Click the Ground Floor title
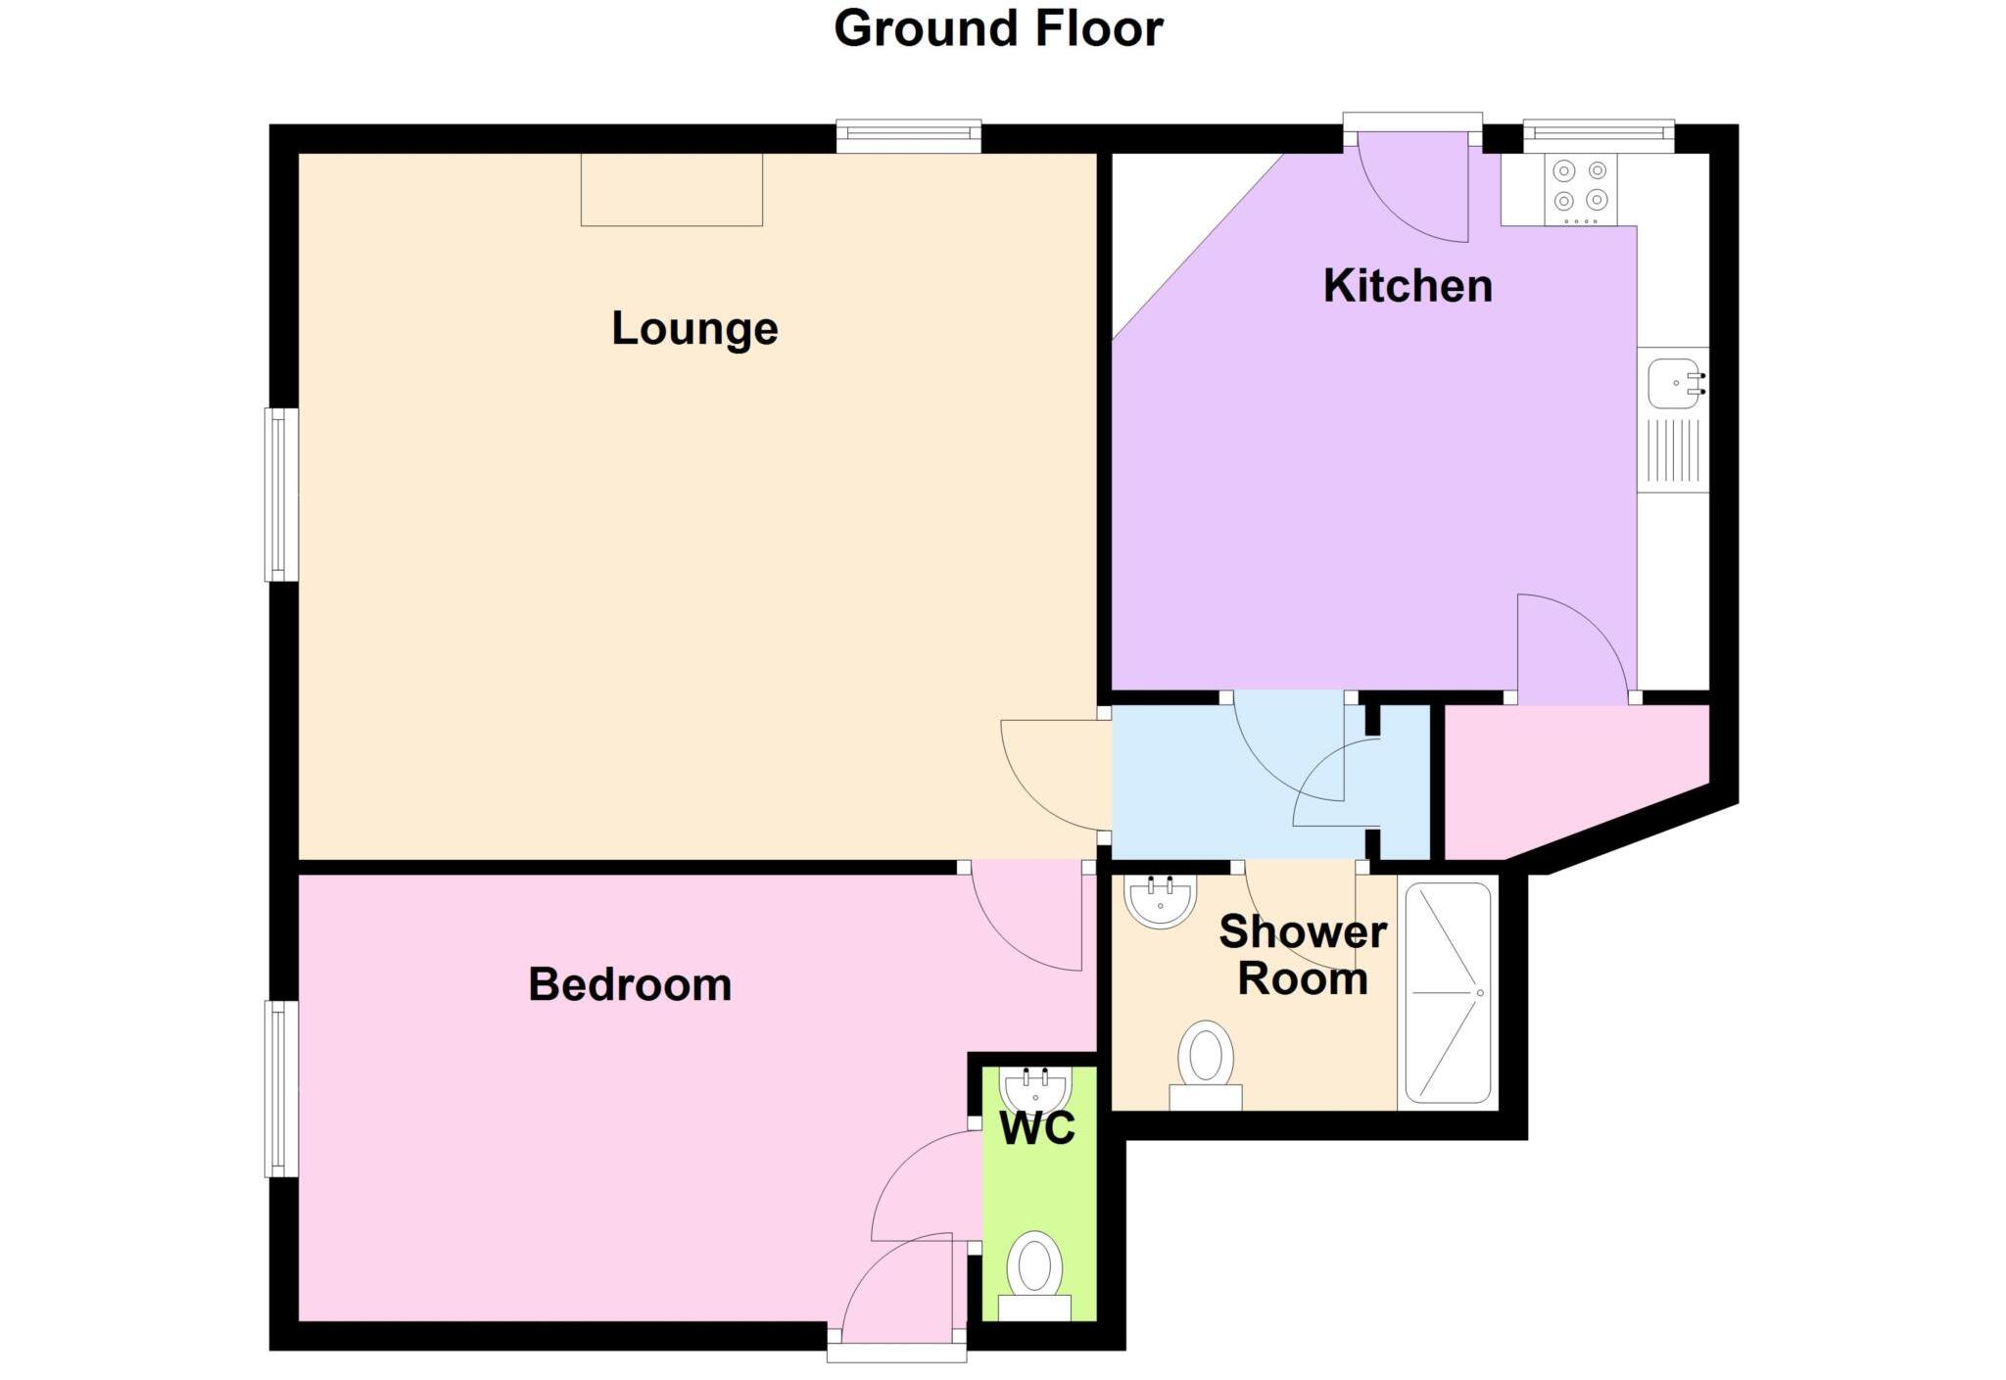pyautogui.click(x=997, y=28)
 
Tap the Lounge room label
pyautogui.click(x=694, y=328)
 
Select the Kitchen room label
pyautogui.click(x=1408, y=286)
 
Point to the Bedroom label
pyautogui.click(x=630, y=984)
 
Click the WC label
pyautogui.click(x=1037, y=1128)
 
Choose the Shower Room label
pyautogui.click(x=1303, y=955)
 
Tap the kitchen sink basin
pyautogui.click(x=1673, y=383)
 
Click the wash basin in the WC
pyautogui.click(x=1035, y=1087)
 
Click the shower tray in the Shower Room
pyautogui.click(x=1448, y=992)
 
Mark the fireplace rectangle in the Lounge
pyautogui.click(x=672, y=189)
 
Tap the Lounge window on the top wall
pyautogui.click(x=908, y=136)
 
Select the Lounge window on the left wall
pyautogui.click(x=282, y=495)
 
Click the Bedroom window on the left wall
pyautogui.click(x=282, y=1088)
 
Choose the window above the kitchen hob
pyautogui.click(x=1599, y=136)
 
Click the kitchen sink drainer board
pyautogui.click(x=1673, y=452)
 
